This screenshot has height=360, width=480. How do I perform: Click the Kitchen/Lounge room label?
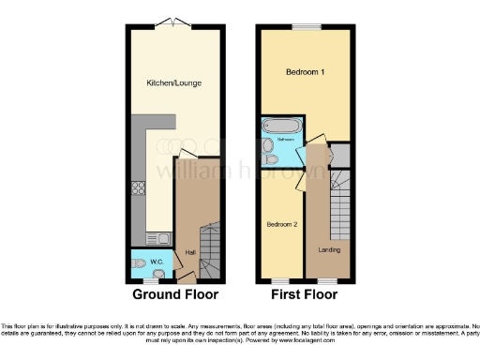(173, 83)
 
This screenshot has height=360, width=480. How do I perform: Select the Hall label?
(190, 252)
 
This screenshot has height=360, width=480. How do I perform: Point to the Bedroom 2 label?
(281, 225)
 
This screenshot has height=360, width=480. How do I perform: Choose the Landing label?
(329, 250)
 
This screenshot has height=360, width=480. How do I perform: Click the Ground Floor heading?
(175, 294)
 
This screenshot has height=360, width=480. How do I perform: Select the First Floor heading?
(304, 294)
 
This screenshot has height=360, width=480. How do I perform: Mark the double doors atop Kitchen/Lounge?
(172, 22)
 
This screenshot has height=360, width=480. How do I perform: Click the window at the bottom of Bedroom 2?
(279, 280)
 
